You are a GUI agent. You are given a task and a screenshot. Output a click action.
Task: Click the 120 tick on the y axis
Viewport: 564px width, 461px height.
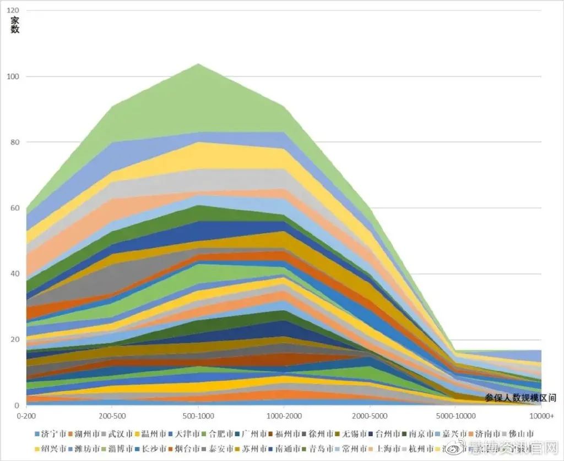(x=13, y=10)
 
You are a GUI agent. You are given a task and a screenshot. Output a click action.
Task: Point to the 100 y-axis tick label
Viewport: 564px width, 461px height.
(x=13, y=76)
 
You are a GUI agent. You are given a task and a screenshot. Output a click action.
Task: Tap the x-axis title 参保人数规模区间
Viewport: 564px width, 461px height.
(x=520, y=397)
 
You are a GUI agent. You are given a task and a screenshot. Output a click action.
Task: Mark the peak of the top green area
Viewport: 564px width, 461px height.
(x=198, y=64)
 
